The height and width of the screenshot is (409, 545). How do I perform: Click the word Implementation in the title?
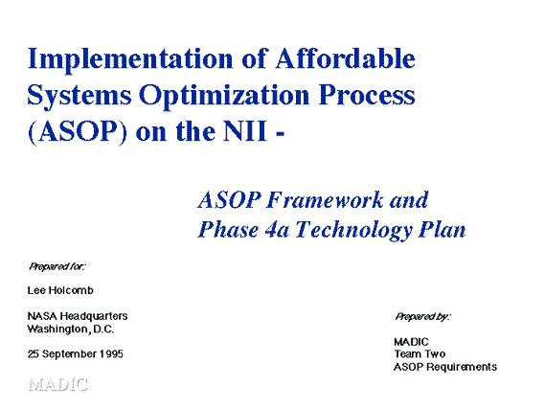coord(130,59)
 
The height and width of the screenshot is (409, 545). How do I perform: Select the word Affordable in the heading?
coord(345,57)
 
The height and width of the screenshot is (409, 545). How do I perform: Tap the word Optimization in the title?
coord(224,96)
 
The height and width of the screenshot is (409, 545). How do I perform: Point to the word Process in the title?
coord(367,94)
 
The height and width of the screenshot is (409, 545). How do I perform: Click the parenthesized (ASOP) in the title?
coord(78,131)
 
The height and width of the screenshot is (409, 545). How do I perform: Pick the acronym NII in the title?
coord(245,131)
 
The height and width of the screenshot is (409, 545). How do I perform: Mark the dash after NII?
coord(280,133)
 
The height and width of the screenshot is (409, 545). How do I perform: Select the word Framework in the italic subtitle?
coord(325,200)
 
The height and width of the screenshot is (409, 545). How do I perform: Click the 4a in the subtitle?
coord(276,230)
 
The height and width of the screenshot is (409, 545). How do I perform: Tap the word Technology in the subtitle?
coord(354,231)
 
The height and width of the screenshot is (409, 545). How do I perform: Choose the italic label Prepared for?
coord(57,266)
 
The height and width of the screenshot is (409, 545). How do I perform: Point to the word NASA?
coord(42,316)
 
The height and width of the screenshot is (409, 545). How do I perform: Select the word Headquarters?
coord(94,316)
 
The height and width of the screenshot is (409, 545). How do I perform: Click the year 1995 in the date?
coord(111,353)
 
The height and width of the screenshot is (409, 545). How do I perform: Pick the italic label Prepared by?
coord(422,316)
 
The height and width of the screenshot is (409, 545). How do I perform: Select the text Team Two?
coord(420,353)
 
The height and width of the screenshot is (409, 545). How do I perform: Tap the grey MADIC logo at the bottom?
coord(57,385)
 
